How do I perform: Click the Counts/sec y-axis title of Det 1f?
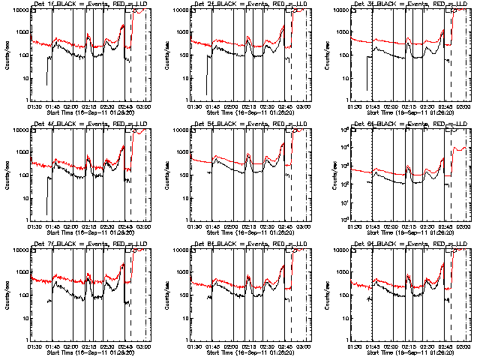click(x=7, y=54)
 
